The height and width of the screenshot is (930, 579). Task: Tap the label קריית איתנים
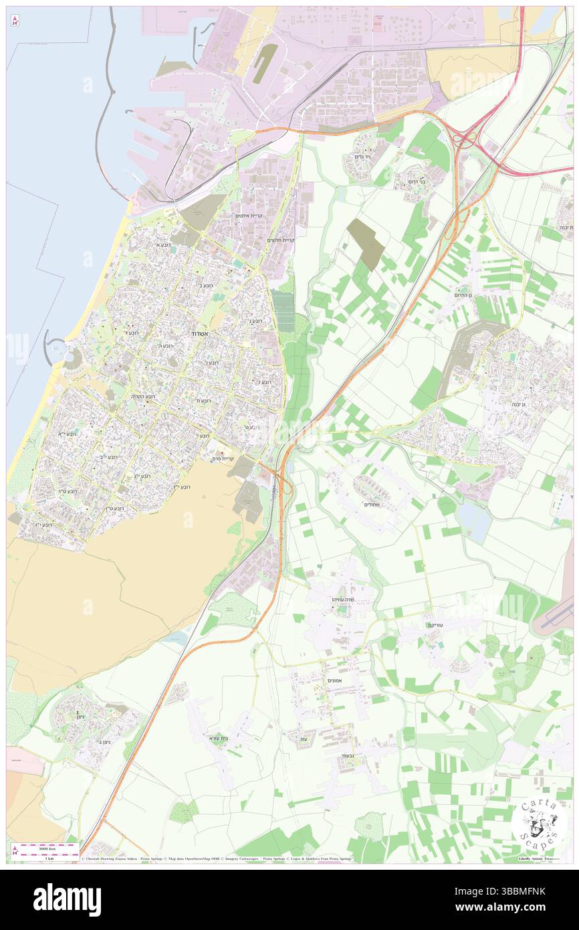click(x=249, y=215)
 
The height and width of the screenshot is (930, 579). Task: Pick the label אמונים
click(x=336, y=680)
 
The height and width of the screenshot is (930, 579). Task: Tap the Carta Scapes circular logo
click(x=539, y=822)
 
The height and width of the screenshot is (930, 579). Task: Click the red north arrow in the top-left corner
click(x=14, y=21)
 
